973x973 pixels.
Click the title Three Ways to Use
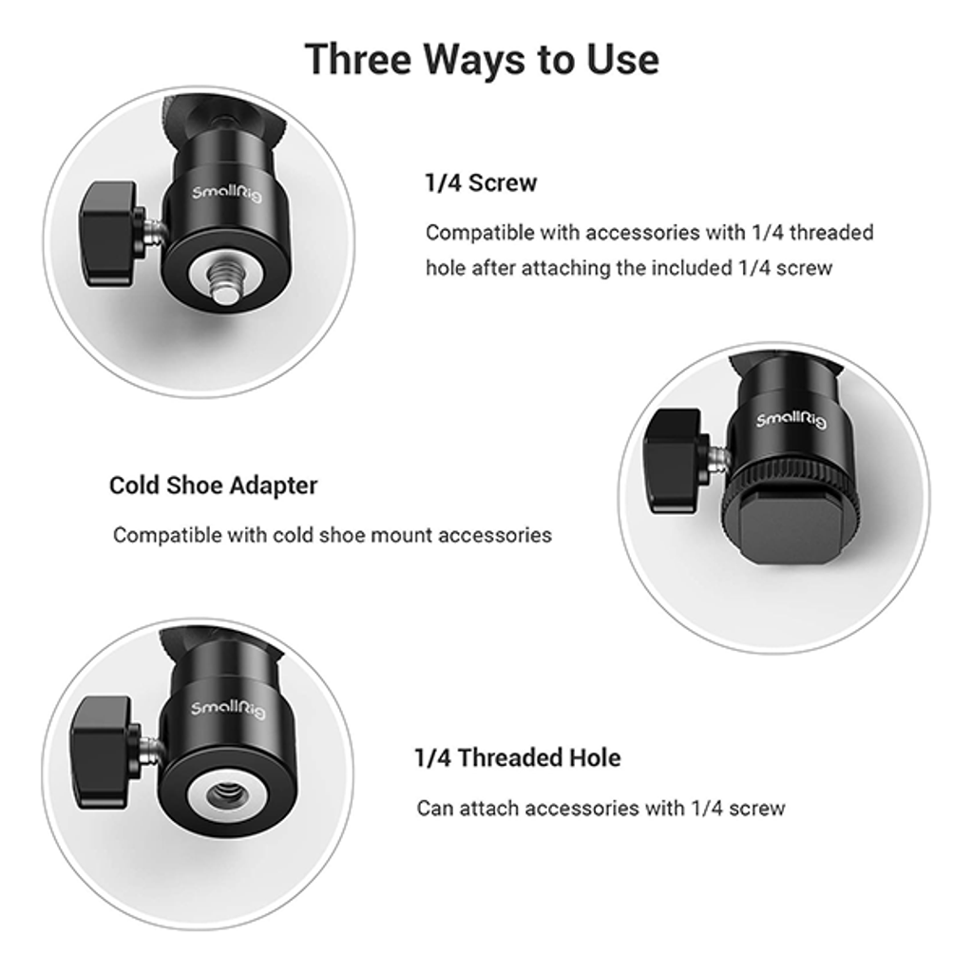[x=482, y=60]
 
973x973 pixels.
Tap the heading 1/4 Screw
[x=481, y=183]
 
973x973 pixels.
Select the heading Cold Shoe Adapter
[x=213, y=486]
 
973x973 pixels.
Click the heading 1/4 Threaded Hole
[x=518, y=757]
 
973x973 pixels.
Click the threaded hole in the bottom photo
[x=224, y=795]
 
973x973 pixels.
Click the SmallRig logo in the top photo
[x=226, y=194]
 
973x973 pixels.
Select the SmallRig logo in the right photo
[x=792, y=421]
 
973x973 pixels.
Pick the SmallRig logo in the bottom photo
[x=228, y=708]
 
